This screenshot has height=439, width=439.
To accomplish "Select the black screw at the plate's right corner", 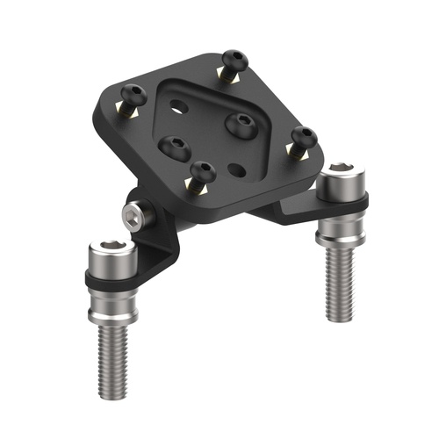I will coord(305,138).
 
